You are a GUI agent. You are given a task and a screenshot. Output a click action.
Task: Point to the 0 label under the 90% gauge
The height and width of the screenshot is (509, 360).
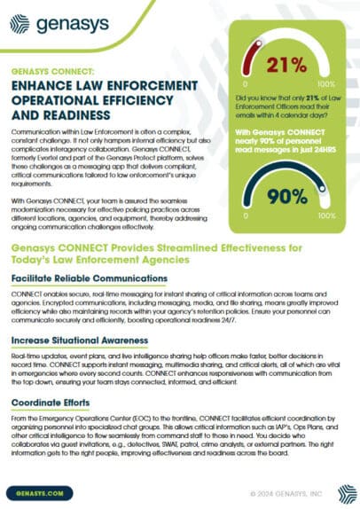coord(244,214)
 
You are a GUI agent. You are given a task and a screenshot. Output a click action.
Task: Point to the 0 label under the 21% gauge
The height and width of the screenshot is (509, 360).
coord(244,89)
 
